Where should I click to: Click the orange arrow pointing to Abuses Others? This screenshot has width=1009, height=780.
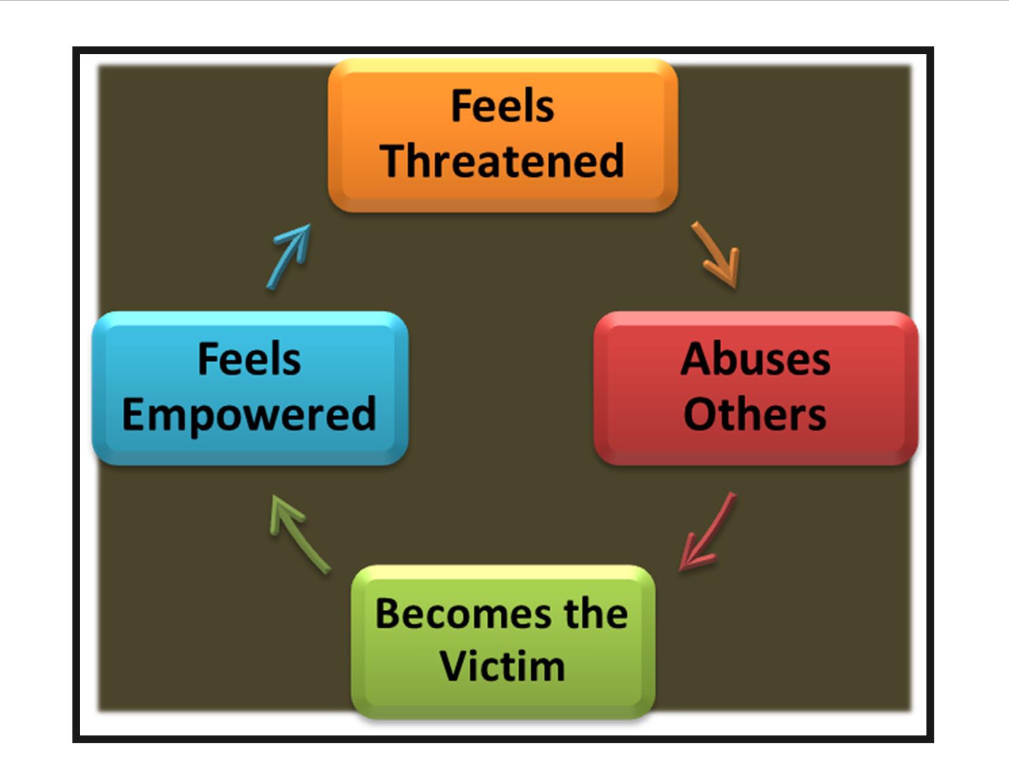click(717, 255)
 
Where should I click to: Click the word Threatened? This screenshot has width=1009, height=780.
click(503, 162)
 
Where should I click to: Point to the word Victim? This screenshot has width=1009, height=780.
click(503, 666)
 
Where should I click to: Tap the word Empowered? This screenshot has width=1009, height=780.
click(249, 415)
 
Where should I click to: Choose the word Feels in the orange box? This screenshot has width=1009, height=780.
click(503, 106)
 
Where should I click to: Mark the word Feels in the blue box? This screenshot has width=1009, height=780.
click(249, 359)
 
